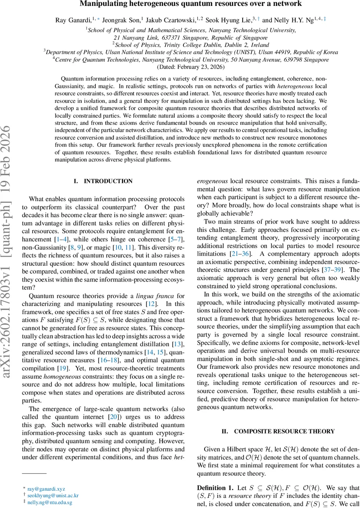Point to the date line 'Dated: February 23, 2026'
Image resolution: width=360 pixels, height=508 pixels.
pos(191,67)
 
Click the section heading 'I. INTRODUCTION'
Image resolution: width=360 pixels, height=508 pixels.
pos(103,181)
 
